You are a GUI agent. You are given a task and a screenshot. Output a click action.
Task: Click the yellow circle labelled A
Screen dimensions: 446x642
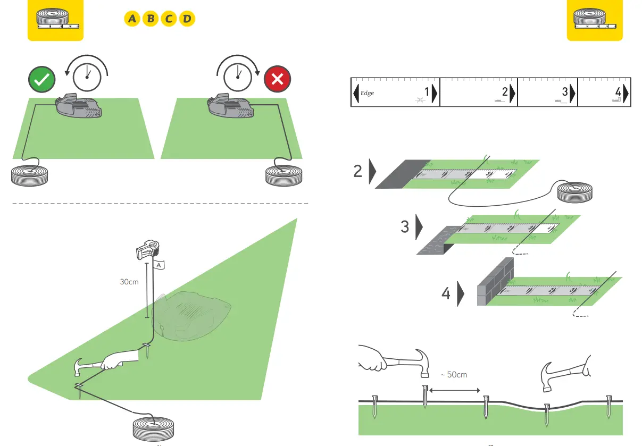pyautogui.click(x=132, y=20)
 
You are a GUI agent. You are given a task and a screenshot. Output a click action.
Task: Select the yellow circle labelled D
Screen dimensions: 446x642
pyautogui.click(x=187, y=20)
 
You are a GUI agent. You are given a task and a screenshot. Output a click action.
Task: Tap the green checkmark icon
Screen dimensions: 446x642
pyautogui.click(x=42, y=80)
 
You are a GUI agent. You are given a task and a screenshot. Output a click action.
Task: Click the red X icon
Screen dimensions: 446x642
pyautogui.click(x=277, y=80)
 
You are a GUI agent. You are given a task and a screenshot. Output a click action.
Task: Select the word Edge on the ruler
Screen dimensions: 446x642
pyautogui.click(x=368, y=94)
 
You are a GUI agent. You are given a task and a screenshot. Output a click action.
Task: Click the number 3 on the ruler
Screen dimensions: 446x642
pyautogui.click(x=565, y=92)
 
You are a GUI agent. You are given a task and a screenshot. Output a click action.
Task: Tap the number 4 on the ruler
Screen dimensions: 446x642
pyautogui.click(x=618, y=92)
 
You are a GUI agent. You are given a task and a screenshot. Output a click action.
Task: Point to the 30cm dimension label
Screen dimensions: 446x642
pyautogui.click(x=129, y=282)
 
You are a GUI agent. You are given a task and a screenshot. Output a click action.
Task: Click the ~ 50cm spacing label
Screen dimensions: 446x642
pyautogui.click(x=454, y=375)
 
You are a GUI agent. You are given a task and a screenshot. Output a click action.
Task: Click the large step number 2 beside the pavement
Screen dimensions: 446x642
pyautogui.click(x=358, y=171)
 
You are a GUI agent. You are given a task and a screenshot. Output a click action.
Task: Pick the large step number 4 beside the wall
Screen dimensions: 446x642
pyautogui.click(x=446, y=293)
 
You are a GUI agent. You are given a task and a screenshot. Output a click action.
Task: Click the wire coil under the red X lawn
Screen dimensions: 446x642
pyautogui.click(x=284, y=176)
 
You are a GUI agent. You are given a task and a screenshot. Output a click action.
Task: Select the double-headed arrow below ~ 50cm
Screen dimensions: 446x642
pyautogui.click(x=454, y=391)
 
